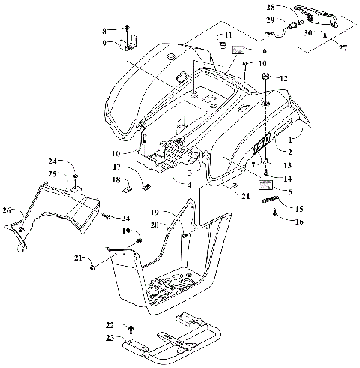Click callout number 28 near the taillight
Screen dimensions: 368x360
(271, 7)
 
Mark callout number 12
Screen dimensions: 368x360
(283, 77)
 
